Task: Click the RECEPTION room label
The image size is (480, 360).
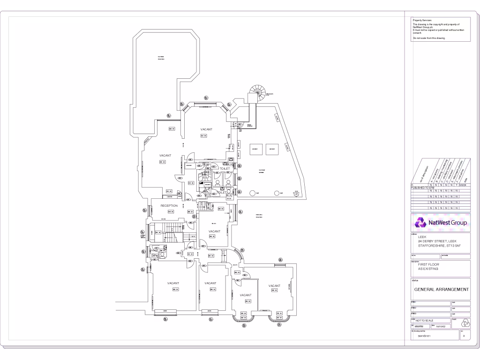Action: pyautogui.click(x=169, y=206)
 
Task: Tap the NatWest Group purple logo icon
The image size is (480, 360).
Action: pyautogui.click(x=419, y=223)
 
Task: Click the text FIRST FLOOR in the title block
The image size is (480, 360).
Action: pyautogui.click(x=428, y=264)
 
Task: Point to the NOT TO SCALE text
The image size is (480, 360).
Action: pyautogui.click(x=424, y=320)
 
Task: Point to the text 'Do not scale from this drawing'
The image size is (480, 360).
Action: pyautogui.click(x=429, y=38)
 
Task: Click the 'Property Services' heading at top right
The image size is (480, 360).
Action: pyautogui.click(x=422, y=20)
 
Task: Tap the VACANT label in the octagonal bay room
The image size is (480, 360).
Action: pyautogui.click(x=207, y=129)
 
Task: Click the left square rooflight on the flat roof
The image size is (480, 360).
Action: pyautogui.click(x=255, y=149)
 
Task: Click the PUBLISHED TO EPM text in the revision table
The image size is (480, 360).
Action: pyautogui.click(x=423, y=188)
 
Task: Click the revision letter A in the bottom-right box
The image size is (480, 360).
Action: pyautogui.click(x=464, y=336)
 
